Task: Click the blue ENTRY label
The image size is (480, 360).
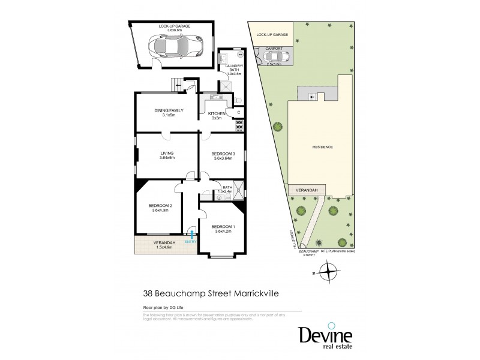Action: pyautogui.click(x=190, y=241)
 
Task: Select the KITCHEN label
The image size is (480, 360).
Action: pyautogui.click(x=216, y=113)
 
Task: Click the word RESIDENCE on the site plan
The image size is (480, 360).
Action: pyautogui.click(x=322, y=147)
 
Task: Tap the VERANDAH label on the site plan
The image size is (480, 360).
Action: pyautogui.click(x=307, y=190)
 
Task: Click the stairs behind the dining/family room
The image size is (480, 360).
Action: pyautogui.click(x=178, y=86)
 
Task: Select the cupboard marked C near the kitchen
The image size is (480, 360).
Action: pyautogui.click(x=238, y=112)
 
